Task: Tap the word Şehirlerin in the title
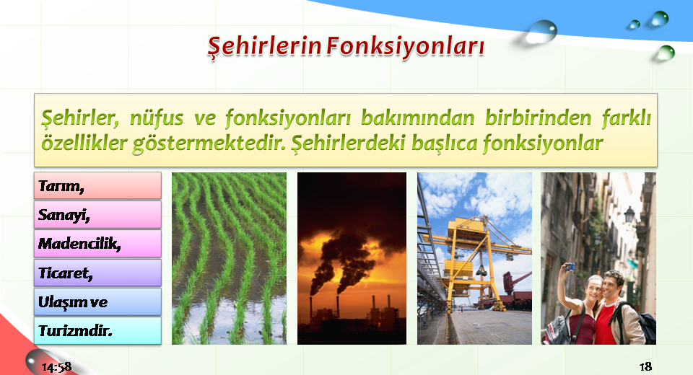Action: click(x=264, y=46)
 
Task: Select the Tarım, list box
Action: click(x=97, y=185)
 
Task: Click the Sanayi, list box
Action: click(x=97, y=215)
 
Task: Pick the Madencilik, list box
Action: click(x=97, y=243)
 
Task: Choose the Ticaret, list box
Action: click(x=97, y=273)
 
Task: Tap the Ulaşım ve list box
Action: click(x=97, y=301)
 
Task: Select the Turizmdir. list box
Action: click(x=97, y=330)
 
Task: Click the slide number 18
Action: click(x=645, y=366)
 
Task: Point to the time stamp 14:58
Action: click(x=56, y=367)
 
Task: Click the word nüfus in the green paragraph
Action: click(x=157, y=118)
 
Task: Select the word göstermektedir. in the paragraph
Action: click(x=209, y=144)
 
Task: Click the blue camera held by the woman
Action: click(x=570, y=267)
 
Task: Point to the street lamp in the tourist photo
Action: click(x=629, y=215)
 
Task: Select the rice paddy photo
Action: click(x=229, y=258)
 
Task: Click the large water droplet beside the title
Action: click(x=542, y=32)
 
